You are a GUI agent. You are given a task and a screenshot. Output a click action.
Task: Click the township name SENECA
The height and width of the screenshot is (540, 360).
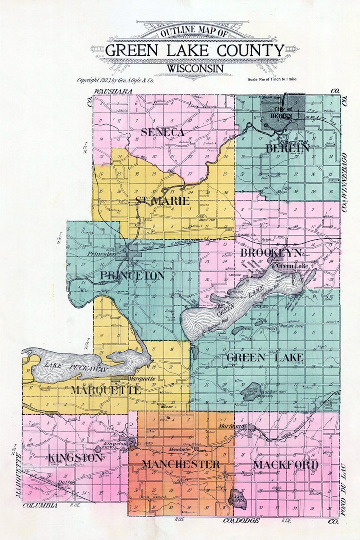(x=162, y=132)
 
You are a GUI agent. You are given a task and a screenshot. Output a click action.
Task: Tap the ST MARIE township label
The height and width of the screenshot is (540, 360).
(x=162, y=201)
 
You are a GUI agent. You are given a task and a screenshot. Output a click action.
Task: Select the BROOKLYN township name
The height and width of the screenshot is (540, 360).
(x=271, y=253)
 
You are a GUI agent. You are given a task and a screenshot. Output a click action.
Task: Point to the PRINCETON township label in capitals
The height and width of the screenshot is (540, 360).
(x=132, y=275)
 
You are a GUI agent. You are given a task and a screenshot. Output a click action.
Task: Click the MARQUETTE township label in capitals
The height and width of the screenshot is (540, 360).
(x=105, y=390)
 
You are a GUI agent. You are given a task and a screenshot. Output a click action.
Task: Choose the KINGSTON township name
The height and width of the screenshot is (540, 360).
(x=75, y=458)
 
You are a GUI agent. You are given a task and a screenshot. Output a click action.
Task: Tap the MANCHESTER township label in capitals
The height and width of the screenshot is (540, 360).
(x=181, y=464)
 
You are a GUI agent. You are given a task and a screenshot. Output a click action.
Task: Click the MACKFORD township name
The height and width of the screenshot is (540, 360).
(x=286, y=465)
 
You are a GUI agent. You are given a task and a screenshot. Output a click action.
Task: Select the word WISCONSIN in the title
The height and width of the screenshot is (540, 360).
(x=195, y=69)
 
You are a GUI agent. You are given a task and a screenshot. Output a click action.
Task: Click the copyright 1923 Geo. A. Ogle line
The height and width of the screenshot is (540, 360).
(x=115, y=80)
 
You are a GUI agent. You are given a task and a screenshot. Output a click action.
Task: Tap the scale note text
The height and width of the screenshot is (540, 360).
(x=272, y=79)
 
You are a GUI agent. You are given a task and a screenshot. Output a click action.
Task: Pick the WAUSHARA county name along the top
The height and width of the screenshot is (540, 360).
(x=113, y=91)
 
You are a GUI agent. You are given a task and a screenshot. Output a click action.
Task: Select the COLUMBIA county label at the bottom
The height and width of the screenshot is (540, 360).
(x=40, y=505)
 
